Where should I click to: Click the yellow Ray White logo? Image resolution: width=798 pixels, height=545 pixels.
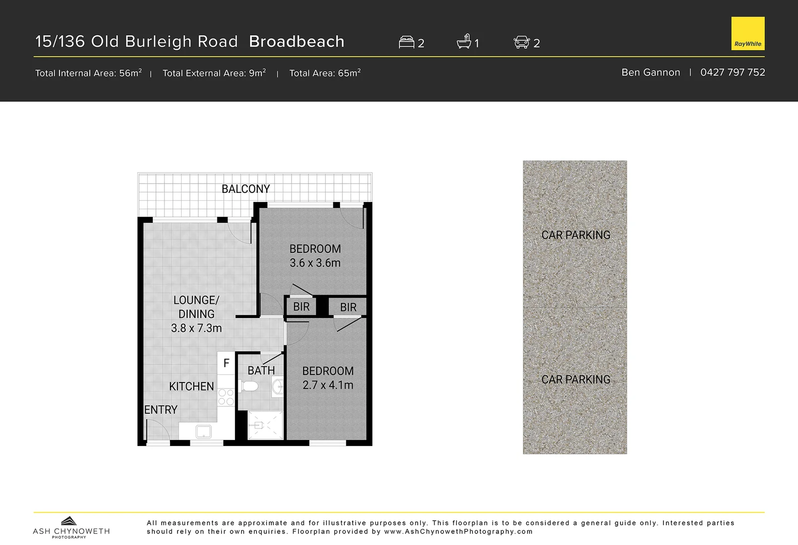click(x=748, y=34)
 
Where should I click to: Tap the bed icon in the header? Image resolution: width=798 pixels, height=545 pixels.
click(x=406, y=42)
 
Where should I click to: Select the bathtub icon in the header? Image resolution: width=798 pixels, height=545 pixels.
click(x=464, y=41)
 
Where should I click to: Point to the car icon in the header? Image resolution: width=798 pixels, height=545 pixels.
click(x=522, y=42)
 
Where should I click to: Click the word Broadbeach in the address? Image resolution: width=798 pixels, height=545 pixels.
click(x=297, y=41)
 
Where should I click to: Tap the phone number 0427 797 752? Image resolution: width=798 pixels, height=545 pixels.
click(x=732, y=72)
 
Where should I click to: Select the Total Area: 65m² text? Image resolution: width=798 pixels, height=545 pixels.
click(x=325, y=73)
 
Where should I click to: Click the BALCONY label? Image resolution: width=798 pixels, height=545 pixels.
click(x=246, y=189)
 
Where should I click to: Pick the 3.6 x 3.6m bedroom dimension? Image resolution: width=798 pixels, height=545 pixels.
click(x=315, y=263)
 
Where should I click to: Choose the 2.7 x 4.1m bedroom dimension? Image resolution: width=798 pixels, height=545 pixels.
click(x=328, y=385)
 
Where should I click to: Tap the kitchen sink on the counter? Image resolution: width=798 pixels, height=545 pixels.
click(x=204, y=431)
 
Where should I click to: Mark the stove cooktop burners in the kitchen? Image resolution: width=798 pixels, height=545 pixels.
click(x=226, y=397)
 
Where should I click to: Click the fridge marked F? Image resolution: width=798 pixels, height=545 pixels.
click(x=226, y=363)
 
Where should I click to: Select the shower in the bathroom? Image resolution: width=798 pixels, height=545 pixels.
click(x=265, y=425)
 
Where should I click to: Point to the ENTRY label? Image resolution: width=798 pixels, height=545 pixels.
click(x=161, y=410)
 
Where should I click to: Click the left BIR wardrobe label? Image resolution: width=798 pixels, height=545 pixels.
click(x=301, y=307)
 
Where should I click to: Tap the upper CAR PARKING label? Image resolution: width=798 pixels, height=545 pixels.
click(x=576, y=235)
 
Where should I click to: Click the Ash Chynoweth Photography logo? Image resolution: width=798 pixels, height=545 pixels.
click(x=71, y=528)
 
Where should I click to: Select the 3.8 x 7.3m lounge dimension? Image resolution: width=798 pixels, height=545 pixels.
click(x=196, y=328)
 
